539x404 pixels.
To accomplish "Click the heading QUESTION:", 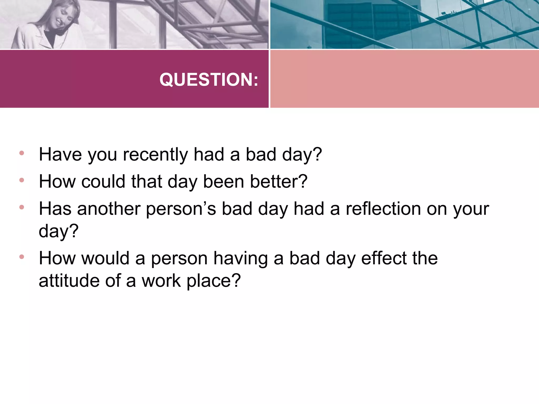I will coord(209,79).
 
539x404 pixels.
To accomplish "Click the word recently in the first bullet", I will coord(155,154).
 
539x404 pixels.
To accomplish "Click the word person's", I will coord(181,209).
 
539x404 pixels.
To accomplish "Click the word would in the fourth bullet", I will coord(105,258).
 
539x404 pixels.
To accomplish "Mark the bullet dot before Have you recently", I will coord(22,153).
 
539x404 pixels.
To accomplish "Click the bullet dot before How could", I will coord(22,180).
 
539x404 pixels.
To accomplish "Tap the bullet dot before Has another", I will coord(22,207).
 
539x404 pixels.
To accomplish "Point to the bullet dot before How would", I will coord(22,257).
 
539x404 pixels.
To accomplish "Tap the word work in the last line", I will coord(161,281).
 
